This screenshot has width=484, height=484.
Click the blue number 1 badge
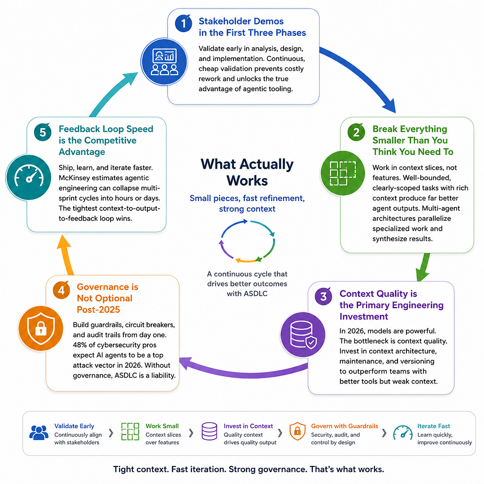(x=183, y=23)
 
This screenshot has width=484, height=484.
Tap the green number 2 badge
(x=356, y=132)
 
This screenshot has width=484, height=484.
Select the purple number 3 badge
(x=323, y=296)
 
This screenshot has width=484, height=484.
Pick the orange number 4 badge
(x=61, y=290)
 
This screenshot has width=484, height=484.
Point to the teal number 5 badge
(x=43, y=132)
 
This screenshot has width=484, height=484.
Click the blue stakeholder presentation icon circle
(x=164, y=62)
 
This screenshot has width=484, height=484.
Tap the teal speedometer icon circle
(x=29, y=177)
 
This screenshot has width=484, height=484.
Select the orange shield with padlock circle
(x=41, y=328)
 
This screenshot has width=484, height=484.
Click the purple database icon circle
(x=303, y=335)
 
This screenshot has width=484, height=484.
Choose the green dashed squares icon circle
(x=343, y=173)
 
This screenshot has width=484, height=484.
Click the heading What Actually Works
(x=247, y=172)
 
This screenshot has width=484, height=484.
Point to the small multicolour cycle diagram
(x=247, y=241)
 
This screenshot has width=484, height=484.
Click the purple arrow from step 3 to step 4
(x=244, y=372)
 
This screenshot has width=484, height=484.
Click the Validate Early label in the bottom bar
(x=74, y=426)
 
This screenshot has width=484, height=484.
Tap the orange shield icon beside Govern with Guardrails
(x=297, y=431)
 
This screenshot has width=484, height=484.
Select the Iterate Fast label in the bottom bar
(x=434, y=426)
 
